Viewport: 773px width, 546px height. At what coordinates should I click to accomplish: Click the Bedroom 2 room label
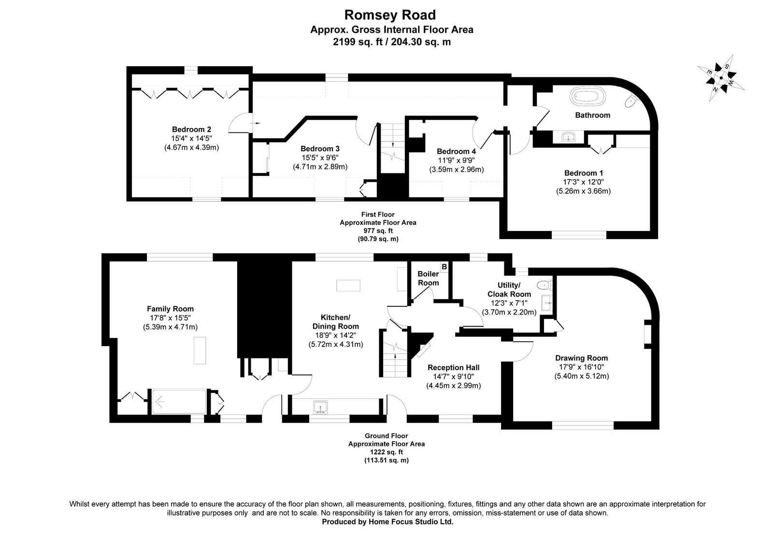pos(191,129)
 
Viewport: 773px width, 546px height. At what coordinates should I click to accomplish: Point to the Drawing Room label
pos(581,358)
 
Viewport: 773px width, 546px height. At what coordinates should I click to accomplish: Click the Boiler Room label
pos(428,278)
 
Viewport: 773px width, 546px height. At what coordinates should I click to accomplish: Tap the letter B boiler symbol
pos(444,266)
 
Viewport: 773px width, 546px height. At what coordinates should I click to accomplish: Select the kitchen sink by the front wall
pos(320,407)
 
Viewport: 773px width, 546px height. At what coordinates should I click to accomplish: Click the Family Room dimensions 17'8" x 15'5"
pos(170,318)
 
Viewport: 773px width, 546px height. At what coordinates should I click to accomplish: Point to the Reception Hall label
pos(453,368)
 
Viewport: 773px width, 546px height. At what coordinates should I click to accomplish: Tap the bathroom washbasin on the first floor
pos(571,137)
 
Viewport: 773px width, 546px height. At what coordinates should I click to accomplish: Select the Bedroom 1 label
pos(583,173)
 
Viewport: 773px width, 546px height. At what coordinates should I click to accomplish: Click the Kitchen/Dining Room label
pos(336,322)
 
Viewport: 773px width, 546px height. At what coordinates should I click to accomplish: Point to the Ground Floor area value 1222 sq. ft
pos(386,452)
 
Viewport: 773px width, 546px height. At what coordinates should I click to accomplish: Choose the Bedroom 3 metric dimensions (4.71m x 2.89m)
pos(320,167)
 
